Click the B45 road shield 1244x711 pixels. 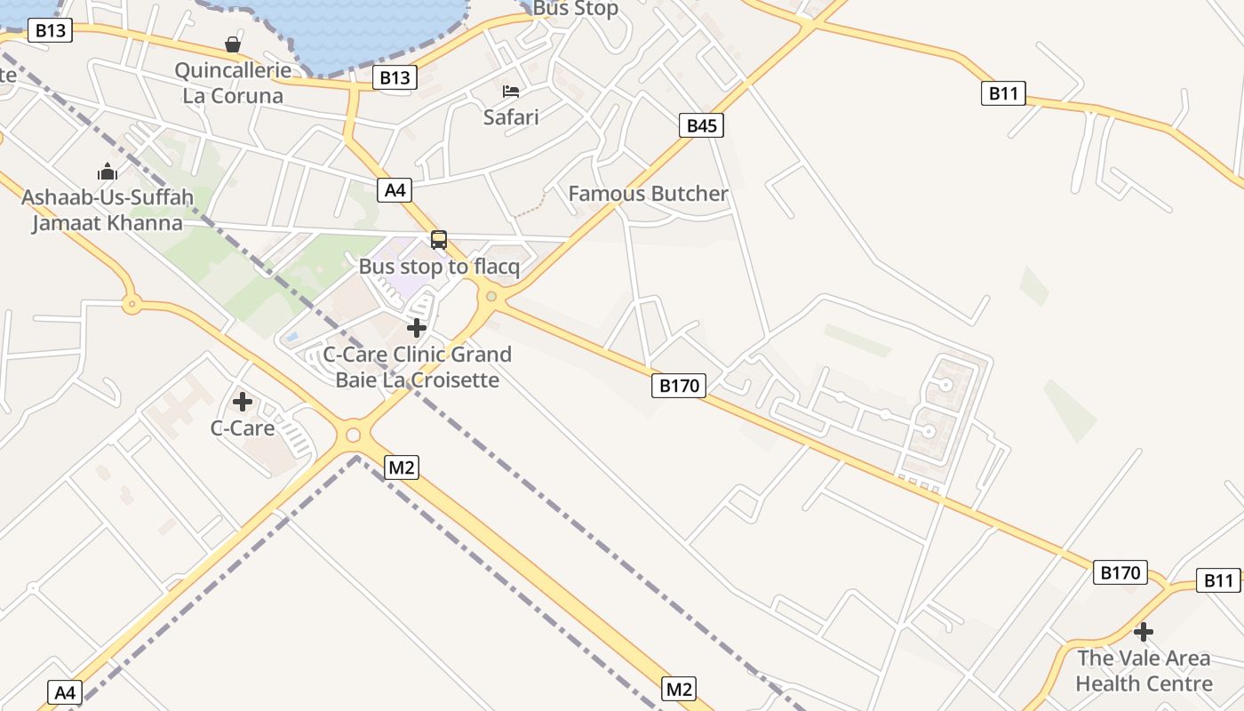701,125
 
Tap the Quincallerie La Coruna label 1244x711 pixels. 233,84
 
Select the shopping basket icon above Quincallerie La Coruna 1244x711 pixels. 233,44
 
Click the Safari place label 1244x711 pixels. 511,116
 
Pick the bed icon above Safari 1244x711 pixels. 511,91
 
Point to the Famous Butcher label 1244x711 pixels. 648,194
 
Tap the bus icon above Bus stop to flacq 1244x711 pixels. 439,240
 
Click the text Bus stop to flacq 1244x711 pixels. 439,267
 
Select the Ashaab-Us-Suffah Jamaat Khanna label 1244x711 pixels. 108,210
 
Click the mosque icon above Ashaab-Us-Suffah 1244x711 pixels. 108,172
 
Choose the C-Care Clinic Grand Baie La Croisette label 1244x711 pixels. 417,367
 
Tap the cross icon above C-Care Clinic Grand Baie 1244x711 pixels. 417,328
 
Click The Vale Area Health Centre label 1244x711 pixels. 1144,671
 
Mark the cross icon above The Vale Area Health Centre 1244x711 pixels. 1144,633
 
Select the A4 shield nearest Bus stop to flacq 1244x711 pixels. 395,189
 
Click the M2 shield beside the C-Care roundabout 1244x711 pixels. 402,467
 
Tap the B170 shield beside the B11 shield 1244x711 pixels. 1120,572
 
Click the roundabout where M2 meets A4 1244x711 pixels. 354,435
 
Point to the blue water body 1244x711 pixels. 373,31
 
